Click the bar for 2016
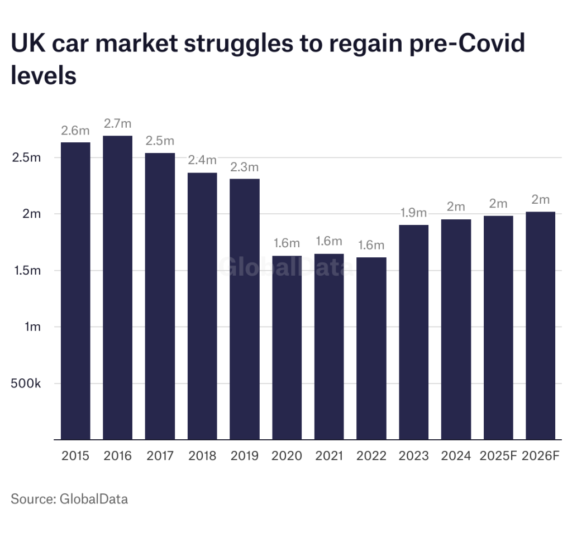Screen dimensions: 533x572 (x=118, y=287)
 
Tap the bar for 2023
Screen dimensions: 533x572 (x=414, y=332)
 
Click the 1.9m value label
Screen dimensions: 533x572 (x=414, y=213)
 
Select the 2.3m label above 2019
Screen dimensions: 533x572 (x=245, y=167)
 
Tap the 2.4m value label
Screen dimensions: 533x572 (x=202, y=160)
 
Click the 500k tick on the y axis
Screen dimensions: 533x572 (x=27, y=383)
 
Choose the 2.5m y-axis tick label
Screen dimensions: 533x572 (x=27, y=157)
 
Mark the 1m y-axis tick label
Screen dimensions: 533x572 (x=33, y=327)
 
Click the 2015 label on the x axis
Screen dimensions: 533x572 (x=75, y=456)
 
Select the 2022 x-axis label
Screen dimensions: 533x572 (x=371, y=456)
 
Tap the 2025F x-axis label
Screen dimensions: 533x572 (x=498, y=456)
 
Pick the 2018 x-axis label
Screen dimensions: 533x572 (x=202, y=456)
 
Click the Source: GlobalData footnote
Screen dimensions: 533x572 (x=69, y=498)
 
